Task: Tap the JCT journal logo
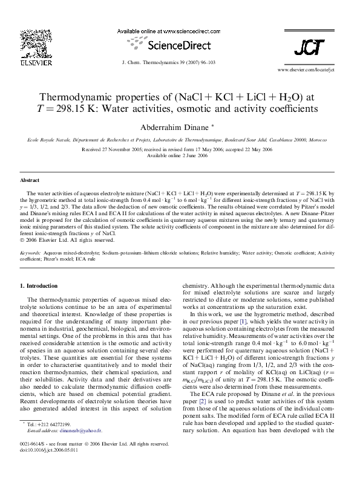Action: click(308, 47)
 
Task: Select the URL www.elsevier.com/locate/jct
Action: click(307, 70)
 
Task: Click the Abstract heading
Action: click(30, 180)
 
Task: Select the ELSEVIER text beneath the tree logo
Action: click(31, 62)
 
